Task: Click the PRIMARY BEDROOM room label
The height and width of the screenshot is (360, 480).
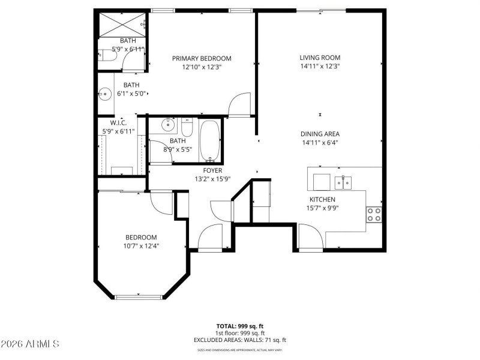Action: coord(202,58)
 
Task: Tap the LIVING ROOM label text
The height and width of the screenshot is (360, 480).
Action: coord(320,58)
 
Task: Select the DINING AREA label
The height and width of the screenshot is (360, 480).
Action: coord(321,134)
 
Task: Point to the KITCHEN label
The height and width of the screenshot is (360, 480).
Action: coord(322,200)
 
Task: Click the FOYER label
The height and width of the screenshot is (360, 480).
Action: coord(204,170)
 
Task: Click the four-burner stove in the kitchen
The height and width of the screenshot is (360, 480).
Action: coord(374,214)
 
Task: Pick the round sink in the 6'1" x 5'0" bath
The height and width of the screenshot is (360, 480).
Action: coord(106,94)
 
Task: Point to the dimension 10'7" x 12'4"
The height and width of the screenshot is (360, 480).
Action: coord(142,245)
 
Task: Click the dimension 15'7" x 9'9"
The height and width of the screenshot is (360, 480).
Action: coord(322,208)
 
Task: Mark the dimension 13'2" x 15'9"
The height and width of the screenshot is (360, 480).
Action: coord(204,179)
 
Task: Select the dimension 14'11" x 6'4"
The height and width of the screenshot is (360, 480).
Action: coord(321,143)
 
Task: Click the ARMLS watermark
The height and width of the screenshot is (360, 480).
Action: coord(30,344)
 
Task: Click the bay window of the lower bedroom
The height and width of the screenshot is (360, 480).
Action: coord(139,296)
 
